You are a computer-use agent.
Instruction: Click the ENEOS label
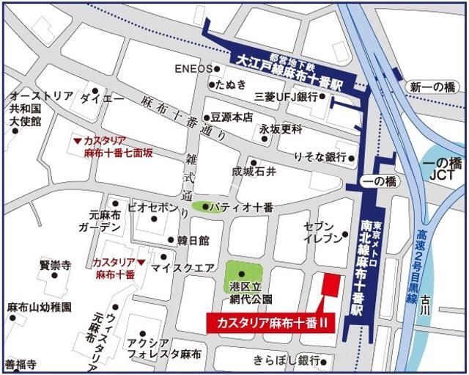pyautogui.click(x=193, y=69)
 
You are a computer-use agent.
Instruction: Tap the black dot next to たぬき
pyautogui.click(x=211, y=84)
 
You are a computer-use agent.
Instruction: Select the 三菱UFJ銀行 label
pyautogui.click(x=285, y=97)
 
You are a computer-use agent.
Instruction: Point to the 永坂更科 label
pyautogui.click(x=281, y=129)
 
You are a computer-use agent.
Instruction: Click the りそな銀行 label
pyautogui.click(x=320, y=157)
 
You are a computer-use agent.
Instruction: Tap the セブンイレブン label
pyautogui.click(x=322, y=230)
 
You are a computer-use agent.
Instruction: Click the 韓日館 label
pyautogui.click(x=193, y=240)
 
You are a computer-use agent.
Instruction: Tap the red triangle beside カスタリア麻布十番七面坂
pyautogui.click(x=77, y=140)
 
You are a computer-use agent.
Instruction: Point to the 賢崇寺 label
pyautogui.click(x=55, y=265)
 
